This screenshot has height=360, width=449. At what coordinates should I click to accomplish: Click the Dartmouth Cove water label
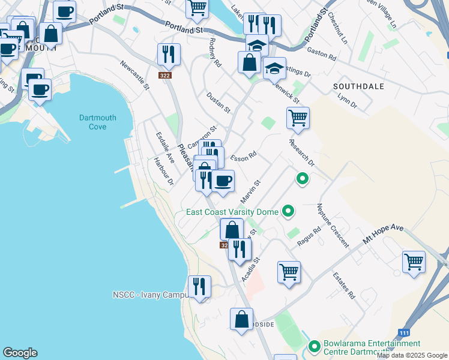tap(93, 122)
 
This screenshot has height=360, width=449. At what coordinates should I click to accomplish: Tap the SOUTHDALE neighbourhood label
tap(358, 86)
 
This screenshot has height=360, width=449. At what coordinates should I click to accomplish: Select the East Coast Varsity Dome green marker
tap(288, 211)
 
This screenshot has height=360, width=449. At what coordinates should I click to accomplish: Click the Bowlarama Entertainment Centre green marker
tap(314, 346)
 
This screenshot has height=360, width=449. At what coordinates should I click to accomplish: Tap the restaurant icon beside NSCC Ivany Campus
tap(199, 286)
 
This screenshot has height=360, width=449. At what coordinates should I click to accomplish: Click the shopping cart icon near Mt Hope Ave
tap(414, 262)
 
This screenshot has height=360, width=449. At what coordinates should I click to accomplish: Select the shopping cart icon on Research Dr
tap(297, 118)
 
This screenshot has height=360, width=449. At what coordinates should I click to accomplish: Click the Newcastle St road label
tap(134, 74)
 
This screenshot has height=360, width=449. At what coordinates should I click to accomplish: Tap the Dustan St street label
tap(218, 103)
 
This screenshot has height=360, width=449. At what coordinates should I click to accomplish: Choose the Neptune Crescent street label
tap(333, 226)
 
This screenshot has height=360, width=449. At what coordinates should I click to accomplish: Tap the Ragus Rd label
tap(309, 236)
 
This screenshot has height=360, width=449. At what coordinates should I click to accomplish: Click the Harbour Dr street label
tap(163, 171)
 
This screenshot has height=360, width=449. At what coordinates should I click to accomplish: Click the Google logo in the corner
tap(20, 353)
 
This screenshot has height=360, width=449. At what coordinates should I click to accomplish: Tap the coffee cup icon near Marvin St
tap(223, 181)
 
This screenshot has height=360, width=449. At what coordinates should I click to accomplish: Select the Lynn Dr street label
tap(347, 100)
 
